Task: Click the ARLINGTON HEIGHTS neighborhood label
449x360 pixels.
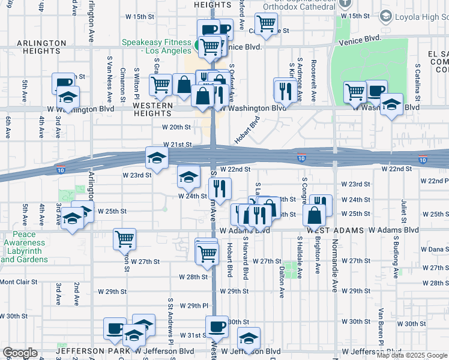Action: tap(41, 48)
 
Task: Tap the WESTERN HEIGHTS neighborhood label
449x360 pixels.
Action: tap(152, 109)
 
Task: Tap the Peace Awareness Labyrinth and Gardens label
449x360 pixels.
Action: tap(24, 247)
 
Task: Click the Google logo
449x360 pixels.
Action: tap(20, 353)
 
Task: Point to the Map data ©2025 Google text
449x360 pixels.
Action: tap(412, 355)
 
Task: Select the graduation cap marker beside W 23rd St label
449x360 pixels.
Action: tap(157, 158)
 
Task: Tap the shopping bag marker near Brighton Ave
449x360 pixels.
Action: tap(315, 215)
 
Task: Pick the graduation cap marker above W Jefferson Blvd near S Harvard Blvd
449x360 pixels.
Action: tap(249, 338)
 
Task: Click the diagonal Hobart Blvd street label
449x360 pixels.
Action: tap(247, 131)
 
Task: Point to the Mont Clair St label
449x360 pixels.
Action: tap(19, 281)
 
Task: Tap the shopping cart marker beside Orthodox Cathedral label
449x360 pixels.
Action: tap(266, 24)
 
